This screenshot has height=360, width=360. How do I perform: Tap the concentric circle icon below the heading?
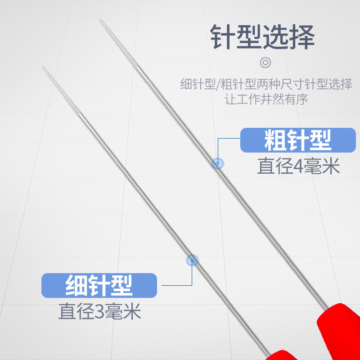266,63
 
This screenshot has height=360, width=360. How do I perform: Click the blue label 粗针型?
298,140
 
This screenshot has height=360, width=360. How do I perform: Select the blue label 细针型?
99,285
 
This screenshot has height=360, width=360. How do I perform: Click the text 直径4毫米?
298,167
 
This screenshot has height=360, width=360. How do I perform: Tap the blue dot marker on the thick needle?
217,164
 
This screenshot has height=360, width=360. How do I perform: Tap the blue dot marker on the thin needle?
193,259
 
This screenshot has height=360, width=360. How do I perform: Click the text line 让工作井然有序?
266,99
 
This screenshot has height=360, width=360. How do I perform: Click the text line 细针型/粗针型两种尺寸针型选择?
266,84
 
